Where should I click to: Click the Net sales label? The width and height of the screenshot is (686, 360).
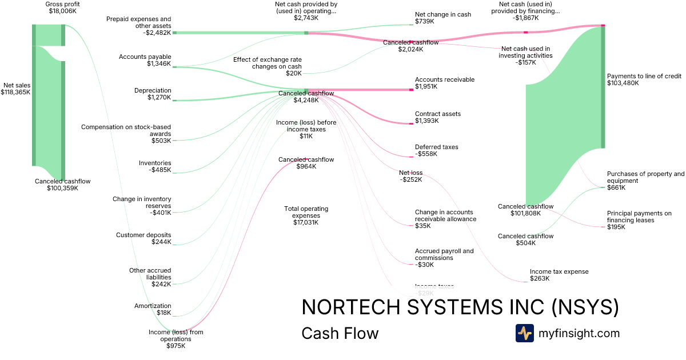pos(15,88)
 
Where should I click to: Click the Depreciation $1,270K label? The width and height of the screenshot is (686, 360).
pos(153,94)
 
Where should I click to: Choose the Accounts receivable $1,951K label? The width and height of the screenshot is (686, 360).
pos(444,83)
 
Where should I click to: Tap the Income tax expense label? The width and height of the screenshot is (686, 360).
pos(559,275)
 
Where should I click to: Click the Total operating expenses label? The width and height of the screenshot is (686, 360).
pos(306,215)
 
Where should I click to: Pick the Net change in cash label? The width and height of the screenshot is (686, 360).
pos(443,18)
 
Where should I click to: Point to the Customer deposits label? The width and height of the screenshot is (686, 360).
pos(143,238)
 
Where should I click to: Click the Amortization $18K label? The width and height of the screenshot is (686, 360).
pos(153,309)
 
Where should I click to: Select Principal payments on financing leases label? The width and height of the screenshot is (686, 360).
pos(639,220)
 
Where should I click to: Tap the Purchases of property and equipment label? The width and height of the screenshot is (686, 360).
pos(645,181)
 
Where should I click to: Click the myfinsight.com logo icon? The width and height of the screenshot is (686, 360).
pos(524,333)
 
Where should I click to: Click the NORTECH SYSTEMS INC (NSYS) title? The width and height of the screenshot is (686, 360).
pos(460,307)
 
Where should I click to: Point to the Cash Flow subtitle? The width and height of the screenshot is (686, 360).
pos(340,333)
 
